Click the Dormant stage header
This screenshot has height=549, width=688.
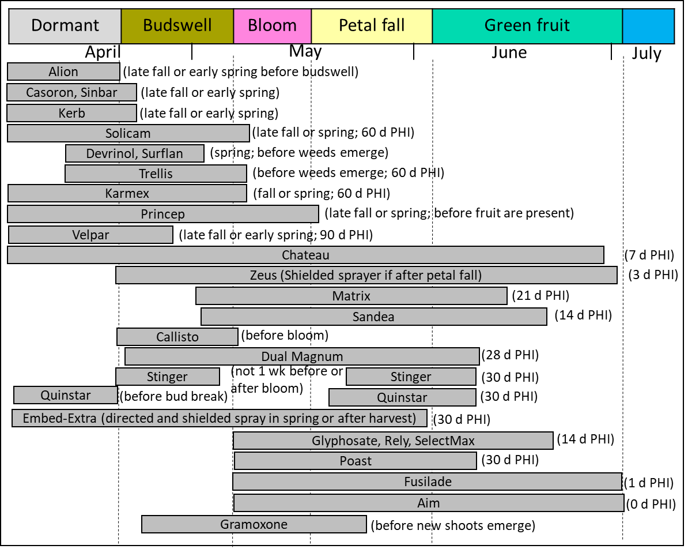click(x=65, y=26)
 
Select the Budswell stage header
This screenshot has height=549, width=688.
click(x=177, y=26)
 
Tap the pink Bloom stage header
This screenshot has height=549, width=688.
click(x=273, y=26)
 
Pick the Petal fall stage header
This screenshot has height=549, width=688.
click(x=372, y=26)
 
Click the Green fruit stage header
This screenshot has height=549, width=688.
click(x=527, y=26)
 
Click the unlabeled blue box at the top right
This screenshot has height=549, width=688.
click(x=648, y=26)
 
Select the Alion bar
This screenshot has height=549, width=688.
click(x=63, y=72)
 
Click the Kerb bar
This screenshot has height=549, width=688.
click(x=72, y=113)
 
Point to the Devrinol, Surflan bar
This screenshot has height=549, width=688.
click(x=135, y=153)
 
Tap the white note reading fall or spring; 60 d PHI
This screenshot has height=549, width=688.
click(x=322, y=194)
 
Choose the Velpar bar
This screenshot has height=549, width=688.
click(x=90, y=235)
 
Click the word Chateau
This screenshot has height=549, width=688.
click(x=305, y=255)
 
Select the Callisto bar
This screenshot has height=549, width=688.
click(x=177, y=337)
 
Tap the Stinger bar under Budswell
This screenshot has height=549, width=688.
click(x=167, y=377)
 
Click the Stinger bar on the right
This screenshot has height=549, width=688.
click(x=411, y=377)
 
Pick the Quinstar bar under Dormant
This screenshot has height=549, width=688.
click(x=66, y=395)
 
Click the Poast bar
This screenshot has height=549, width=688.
click(x=356, y=461)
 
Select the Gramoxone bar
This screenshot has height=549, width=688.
click(x=254, y=524)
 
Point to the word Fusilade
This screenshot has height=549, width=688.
click(x=428, y=482)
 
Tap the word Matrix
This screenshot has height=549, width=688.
click(x=351, y=296)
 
